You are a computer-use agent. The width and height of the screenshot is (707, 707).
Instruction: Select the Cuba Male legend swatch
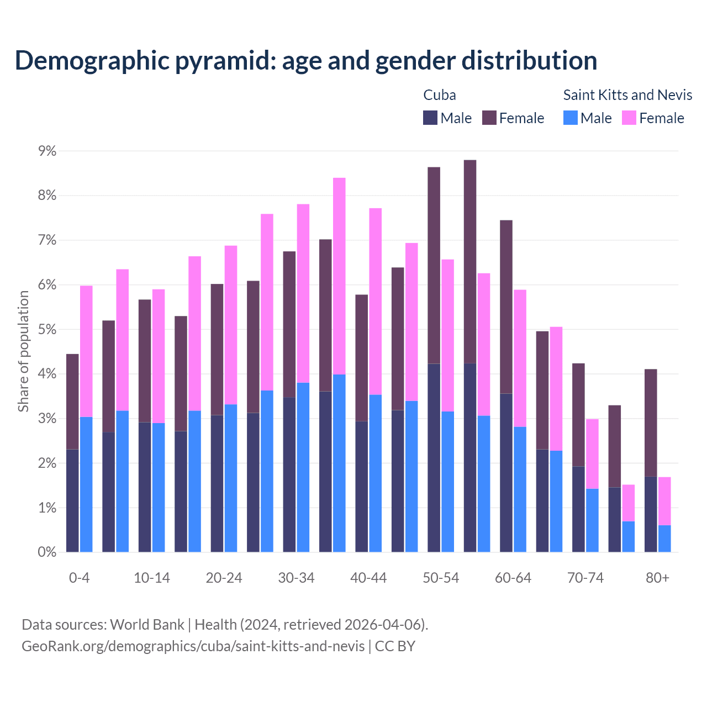click(430, 118)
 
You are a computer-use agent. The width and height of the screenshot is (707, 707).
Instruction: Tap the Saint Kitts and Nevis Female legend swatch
click(629, 118)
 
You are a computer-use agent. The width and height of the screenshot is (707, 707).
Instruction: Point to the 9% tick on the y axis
click(47, 151)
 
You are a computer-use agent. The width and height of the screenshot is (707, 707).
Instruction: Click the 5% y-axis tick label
click(47, 330)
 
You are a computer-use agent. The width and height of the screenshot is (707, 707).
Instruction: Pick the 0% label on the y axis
click(47, 552)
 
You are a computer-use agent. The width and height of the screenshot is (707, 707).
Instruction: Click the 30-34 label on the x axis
click(296, 578)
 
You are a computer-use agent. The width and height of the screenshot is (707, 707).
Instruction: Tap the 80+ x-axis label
click(657, 578)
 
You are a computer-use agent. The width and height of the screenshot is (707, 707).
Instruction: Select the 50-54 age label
click(441, 578)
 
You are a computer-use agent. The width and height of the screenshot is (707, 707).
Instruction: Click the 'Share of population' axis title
click(24, 352)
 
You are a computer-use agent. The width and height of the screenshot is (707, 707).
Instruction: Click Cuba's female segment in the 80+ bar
click(651, 423)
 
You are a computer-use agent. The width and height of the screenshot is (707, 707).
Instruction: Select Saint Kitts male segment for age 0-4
click(86, 484)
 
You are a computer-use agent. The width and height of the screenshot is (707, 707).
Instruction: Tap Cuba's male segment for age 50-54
click(434, 458)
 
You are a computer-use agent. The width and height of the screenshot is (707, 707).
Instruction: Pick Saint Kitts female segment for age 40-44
click(376, 302)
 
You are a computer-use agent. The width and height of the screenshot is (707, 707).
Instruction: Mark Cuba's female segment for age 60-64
click(506, 307)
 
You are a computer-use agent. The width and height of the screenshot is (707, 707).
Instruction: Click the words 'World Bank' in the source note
click(147, 625)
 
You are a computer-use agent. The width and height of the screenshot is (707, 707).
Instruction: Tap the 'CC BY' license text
click(395, 646)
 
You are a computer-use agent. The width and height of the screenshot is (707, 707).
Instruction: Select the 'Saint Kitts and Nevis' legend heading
click(627, 95)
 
